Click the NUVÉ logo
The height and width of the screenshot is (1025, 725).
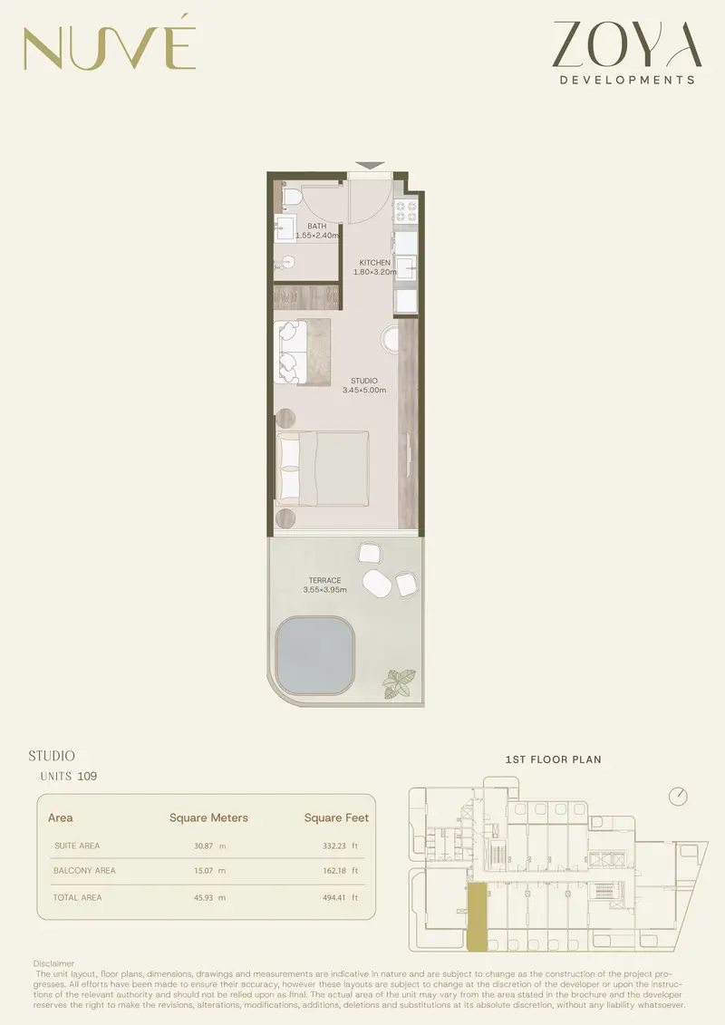[x=110, y=44]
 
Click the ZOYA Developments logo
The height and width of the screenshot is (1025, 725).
[x=628, y=53]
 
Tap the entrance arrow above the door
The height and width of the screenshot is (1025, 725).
[x=370, y=166]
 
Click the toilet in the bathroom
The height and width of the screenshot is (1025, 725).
[x=292, y=196]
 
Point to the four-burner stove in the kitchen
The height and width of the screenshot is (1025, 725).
[x=405, y=210]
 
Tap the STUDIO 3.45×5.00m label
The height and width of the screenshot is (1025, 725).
[x=364, y=386]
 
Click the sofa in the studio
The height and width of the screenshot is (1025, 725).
[x=291, y=351]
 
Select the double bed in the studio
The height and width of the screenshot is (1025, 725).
[x=323, y=468]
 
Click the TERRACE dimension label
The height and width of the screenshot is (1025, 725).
[x=325, y=585]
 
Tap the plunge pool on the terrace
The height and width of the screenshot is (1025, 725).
[x=314, y=655]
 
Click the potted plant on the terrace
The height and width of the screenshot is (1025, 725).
[x=399, y=683]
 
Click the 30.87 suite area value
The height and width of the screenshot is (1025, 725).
[x=203, y=846]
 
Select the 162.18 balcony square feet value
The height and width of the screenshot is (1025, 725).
[x=334, y=871]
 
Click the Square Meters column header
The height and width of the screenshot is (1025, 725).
[x=208, y=817]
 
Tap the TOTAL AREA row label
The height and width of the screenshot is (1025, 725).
[x=77, y=897]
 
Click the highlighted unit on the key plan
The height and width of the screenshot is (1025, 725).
[x=478, y=916]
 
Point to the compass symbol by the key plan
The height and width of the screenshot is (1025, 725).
[x=679, y=797]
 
